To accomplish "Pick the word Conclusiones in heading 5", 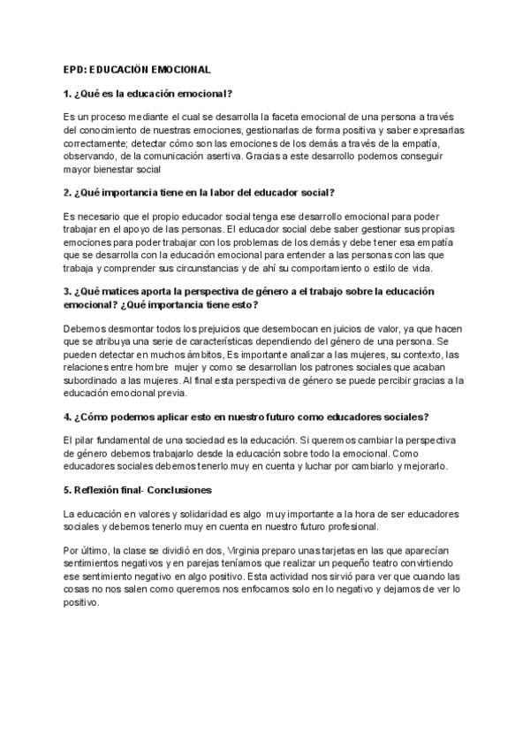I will click(180, 490).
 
